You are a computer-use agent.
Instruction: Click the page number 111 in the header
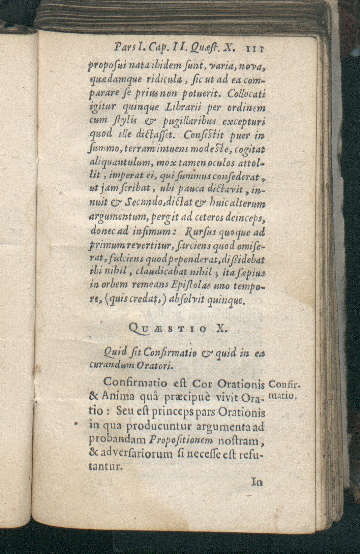(x=254, y=49)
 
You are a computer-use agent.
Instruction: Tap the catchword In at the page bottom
(x=257, y=482)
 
